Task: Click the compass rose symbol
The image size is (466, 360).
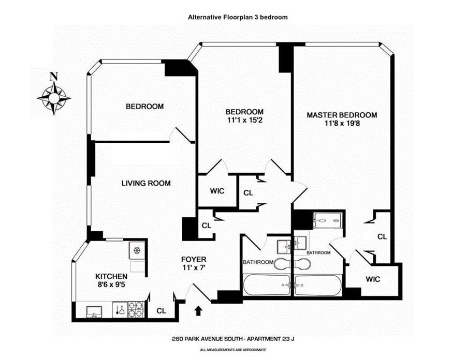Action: [x=54, y=98]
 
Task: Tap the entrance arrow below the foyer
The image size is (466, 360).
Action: [x=198, y=310]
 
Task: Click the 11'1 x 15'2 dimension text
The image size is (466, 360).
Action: [x=244, y=121]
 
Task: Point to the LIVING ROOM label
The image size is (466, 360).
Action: [x=146, y=183]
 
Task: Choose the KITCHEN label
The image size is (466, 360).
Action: [x=111, y=277]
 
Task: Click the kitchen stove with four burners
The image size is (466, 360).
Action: [x=136, y=309]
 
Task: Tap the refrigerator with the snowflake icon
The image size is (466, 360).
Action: [x=137, y=251]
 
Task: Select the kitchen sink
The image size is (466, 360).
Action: [x=94, y=310]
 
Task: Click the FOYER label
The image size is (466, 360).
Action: [x=194, y=259]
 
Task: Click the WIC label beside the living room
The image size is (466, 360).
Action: [x=217, y=191]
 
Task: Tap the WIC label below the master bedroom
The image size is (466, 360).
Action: [x=373, y=279]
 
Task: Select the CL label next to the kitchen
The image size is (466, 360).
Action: [x=161, y=311]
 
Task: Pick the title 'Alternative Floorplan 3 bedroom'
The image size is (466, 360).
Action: [x=238, y=17]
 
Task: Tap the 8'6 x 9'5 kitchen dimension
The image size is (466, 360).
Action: [x=111, y=286]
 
